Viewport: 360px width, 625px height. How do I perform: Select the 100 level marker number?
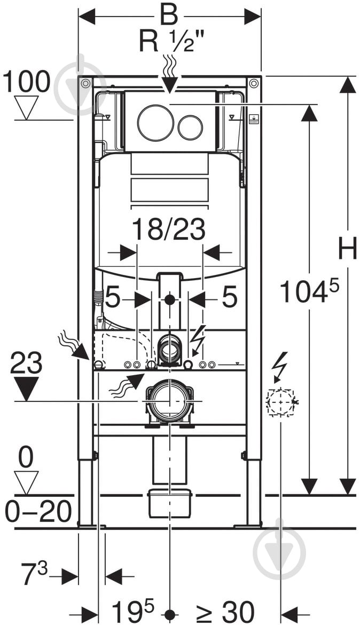(26, 82)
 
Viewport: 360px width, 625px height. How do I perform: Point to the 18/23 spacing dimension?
(169, 230)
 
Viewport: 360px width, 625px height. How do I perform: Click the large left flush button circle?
(155, 123)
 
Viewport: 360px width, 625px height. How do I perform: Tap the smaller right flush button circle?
(190, 127)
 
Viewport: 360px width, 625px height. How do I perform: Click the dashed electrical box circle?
(281, 402)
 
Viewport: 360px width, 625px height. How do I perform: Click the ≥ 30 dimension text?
(224, 611)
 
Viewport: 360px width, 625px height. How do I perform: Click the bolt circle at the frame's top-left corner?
(85, 84)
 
